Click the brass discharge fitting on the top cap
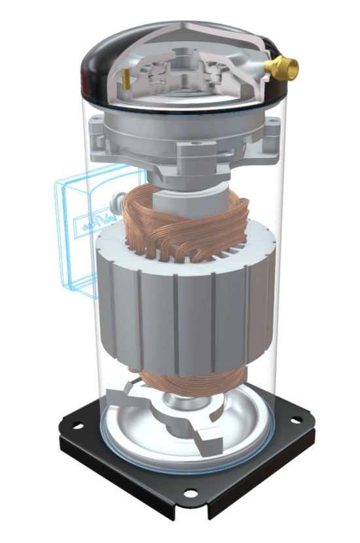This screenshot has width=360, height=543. click(x=285, y=66)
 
